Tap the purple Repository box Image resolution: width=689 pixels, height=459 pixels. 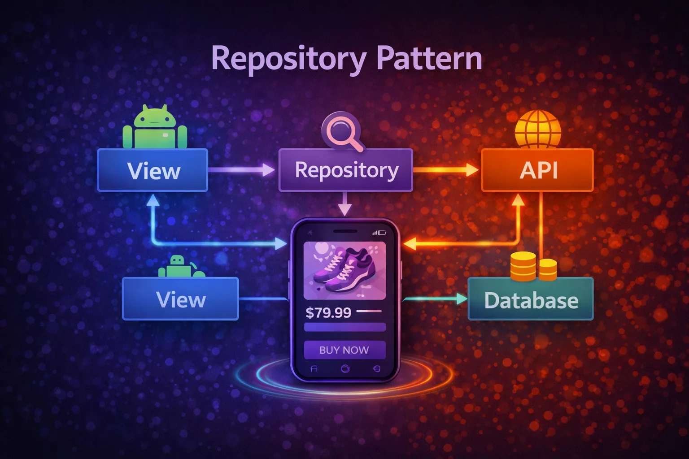[x=345, y=170]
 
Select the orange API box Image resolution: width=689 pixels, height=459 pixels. [x=537, y=170]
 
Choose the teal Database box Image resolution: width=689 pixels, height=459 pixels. [x=531, y=299]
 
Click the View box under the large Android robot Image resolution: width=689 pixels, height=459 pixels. [x=153, y=171]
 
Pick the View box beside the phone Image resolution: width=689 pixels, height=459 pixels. [x=180, y=299]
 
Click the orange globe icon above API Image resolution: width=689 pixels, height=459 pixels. [x=537, y=129]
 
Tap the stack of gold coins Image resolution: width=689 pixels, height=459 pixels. [x=533, y=266]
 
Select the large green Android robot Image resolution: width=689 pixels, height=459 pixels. [x=155, y=127]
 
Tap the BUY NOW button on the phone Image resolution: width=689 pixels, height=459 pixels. [x=344, y=350]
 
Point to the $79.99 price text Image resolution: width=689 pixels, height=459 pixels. [x=328, y=312]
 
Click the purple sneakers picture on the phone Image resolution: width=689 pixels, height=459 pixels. [x=344, y=270]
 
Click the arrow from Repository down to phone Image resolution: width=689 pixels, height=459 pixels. [x=344, y=204]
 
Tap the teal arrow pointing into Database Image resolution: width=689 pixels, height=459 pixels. [x=435, y=299]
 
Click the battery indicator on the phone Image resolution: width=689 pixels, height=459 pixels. [x=382, y=233]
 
